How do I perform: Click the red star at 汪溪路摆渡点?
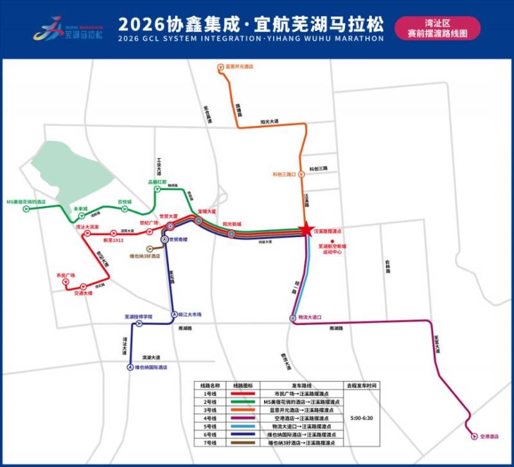point(306,230)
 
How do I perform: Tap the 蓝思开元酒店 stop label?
point(240,66)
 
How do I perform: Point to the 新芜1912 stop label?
point(112,240)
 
